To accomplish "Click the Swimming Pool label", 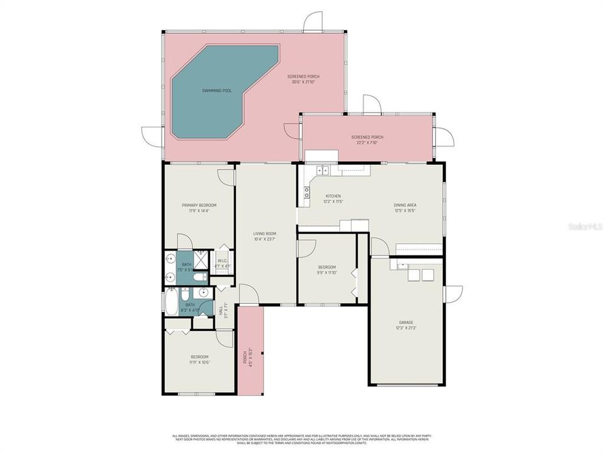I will (x=216, y=91).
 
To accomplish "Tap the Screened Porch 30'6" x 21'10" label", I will (x=303, y=79).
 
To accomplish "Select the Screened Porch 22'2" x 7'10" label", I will (x=367, y=140).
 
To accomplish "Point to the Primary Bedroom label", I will (x=199, y=208).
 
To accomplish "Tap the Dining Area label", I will (x=405, y=208).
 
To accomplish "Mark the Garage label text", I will (x=406, y=325).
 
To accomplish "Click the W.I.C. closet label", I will (x=223, y=263).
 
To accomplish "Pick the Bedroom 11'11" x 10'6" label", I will (x=199, y=359).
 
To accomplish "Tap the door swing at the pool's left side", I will (x=152, y=135).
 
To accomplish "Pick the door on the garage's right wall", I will (x=453, y=294).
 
